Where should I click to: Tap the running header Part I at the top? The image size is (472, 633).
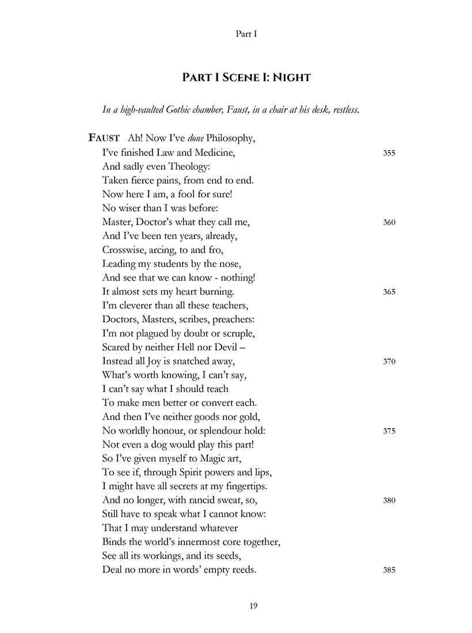tap(246, 34)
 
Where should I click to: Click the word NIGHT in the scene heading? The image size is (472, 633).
tap(290, 77)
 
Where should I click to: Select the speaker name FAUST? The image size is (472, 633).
tap(104, 138)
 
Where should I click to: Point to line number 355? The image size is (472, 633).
tap(389, 154)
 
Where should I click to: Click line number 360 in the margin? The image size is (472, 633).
tap(389, 223)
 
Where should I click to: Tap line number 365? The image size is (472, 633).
tap(389, 292)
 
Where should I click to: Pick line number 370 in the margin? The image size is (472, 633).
tap(389, 362)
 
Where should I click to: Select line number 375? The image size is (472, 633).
tap(389, 432)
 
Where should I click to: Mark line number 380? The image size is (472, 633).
tap(389, 501)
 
